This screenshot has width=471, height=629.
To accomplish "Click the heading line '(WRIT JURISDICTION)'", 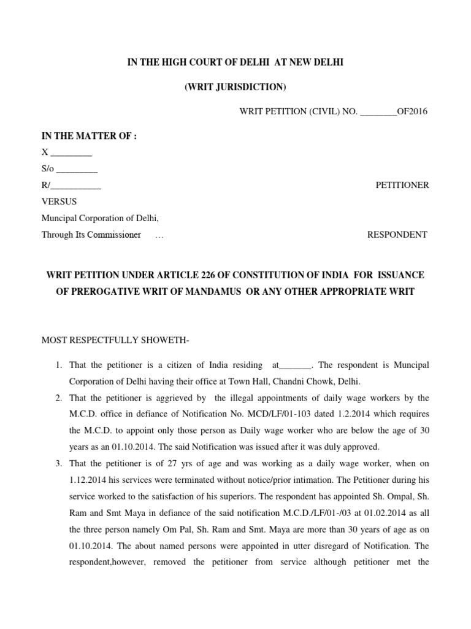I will pyautogui.click(x=235, y=88).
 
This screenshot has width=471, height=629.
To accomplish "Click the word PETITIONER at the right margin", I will pyautogui.click(x=402, y=186).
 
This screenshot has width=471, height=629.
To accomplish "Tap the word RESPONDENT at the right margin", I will pyautogui.click(x=397, y=235).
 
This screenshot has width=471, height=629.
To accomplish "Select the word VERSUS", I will pyautogui.click(x=59, y=201).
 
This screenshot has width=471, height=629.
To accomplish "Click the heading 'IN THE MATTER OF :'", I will pyautogui.click(x=88, y=136).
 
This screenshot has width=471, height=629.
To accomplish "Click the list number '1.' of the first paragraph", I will pyautogui.click(x=59, y=365).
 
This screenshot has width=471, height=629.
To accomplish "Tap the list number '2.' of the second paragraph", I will pyautogui.click(x=59, y=398).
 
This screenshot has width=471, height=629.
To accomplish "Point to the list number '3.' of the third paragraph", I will pyautogui.click(x=59, y=463).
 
